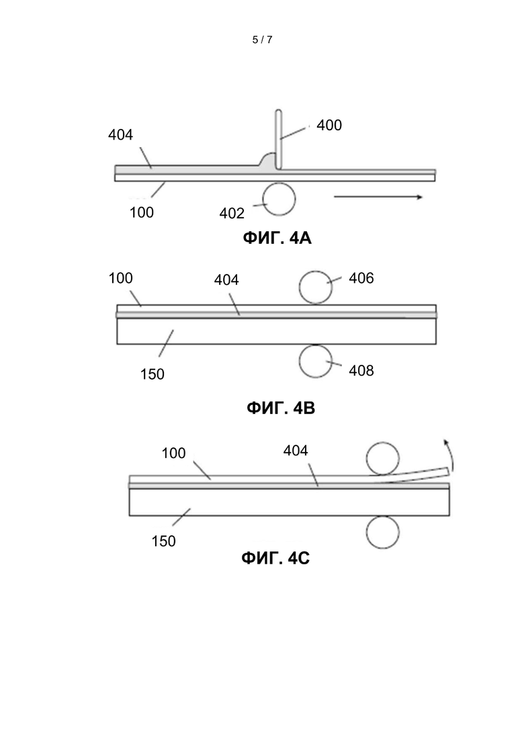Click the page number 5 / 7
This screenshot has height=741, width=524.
pos(262,40)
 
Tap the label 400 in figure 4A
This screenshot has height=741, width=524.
pos(329,125)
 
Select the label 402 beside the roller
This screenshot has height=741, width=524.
pos(232,213)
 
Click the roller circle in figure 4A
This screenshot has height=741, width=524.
pos(279,199)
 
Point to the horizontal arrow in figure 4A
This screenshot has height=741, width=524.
pos(378,197)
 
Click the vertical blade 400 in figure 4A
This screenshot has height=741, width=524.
pos(278,140)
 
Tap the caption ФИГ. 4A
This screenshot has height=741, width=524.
pos(277,238)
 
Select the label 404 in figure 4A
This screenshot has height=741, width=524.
pos(120,134)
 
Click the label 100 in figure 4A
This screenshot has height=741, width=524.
pos(142,212)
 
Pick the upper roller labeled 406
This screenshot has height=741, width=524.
pos(316,288)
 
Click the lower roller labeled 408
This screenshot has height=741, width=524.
pos(316,361)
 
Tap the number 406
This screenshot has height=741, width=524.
pos(361,278)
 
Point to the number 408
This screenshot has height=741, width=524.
pos(361,371)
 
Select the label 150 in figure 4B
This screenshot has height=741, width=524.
pos(152,374)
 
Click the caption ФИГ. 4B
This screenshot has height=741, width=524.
pos(281,407)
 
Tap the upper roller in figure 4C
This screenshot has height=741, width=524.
pos(383,458)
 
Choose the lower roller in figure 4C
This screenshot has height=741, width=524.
pos(383,532)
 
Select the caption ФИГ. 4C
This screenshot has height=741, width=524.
pos(275,558)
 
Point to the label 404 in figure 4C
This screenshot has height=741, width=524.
pos(296,450)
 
